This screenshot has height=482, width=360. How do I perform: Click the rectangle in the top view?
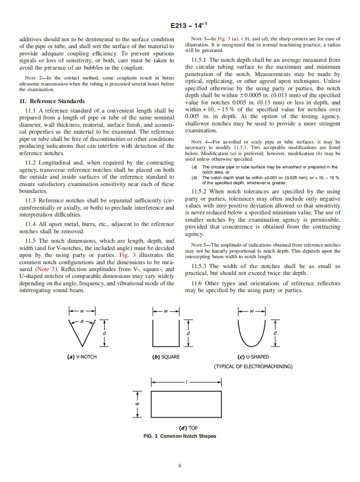186,404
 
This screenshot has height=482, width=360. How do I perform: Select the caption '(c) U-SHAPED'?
253,357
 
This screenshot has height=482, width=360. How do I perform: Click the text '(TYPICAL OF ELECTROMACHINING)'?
253,366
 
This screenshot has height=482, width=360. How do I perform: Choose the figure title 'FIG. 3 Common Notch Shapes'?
180,436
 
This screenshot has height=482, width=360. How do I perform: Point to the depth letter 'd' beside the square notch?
188,333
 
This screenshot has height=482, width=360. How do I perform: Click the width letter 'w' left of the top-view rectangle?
137,404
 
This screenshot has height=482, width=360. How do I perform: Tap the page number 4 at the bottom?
180,465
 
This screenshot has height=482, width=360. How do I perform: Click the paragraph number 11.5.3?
201,266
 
